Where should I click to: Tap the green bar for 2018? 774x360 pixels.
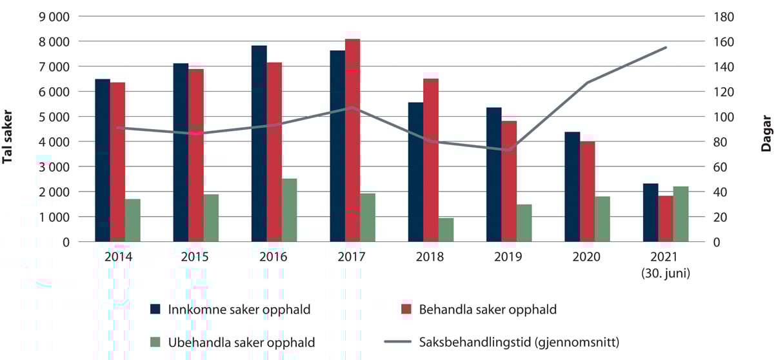click(x=446, y=230)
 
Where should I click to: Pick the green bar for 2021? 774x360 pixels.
click(x=680, y=214)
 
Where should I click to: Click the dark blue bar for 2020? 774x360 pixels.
click(x=571, y=186)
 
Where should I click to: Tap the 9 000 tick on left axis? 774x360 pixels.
click(x=55, y=16)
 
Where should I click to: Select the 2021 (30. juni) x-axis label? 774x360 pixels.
click(x=665, y=265)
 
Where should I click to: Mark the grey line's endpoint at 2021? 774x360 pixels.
click(x=666, y=47)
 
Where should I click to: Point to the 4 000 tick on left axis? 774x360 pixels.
click(x=55, y=141)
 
